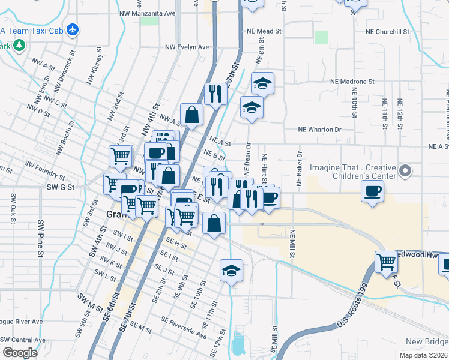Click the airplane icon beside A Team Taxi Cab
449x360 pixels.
73,29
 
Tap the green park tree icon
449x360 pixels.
20,45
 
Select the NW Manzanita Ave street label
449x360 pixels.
147,13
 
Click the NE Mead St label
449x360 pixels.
264,31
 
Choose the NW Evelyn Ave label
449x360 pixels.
187,47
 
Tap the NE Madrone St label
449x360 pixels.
352,81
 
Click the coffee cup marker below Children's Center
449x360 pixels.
372,192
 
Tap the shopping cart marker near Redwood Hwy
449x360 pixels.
387,262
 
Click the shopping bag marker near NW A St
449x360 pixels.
191,114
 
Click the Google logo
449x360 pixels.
20,353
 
